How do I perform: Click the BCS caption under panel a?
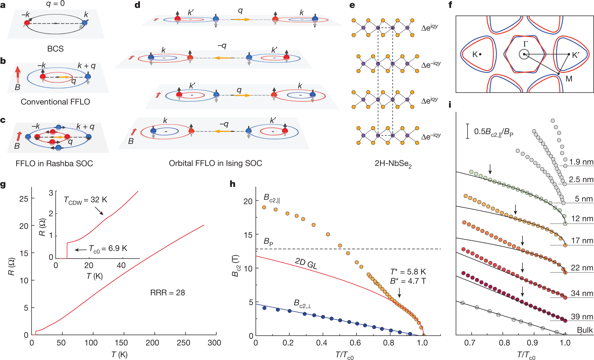(x=55, y=49)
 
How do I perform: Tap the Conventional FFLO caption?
(x=55, y=102)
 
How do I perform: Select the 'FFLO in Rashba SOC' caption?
(x=54, y=163)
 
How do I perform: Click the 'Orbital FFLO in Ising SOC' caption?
(x=215, y=163)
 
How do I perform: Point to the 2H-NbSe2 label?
(x=393, y=164)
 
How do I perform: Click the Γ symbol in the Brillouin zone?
(x=526, y=44)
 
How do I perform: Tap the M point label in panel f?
(x=569, y=79)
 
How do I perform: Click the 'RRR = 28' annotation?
(x=168, y=293)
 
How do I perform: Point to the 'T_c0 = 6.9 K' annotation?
(x=108, y=248)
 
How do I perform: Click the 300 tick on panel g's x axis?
(x=214, y=343)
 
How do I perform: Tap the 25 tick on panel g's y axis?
(x=24, y=198)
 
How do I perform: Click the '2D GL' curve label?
(x=306, y=263)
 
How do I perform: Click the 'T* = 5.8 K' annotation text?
(x=408, y=272)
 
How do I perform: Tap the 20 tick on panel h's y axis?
(x=248, y=201)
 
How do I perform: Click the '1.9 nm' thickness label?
(x=581, y=162)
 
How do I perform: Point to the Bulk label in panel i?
(x=585, y=330)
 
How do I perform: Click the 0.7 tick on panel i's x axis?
(x=469, y=343)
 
